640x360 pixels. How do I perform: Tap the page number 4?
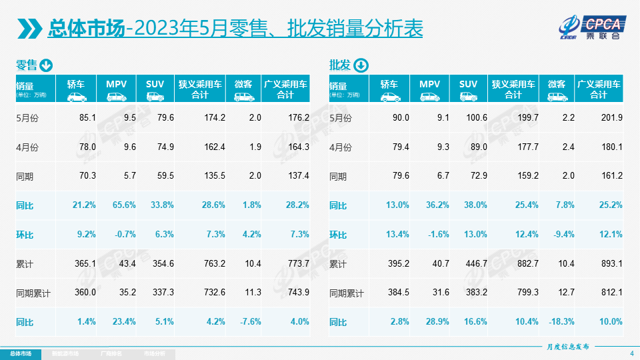click(x=631, y=353)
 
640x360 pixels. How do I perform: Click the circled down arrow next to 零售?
click(x=46, y=65)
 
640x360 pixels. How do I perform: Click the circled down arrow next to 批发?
click(x=360, y=65)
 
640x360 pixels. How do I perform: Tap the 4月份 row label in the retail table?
click(x=27, y=147)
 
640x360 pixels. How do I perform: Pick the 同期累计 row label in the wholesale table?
click(x=347, y=293)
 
